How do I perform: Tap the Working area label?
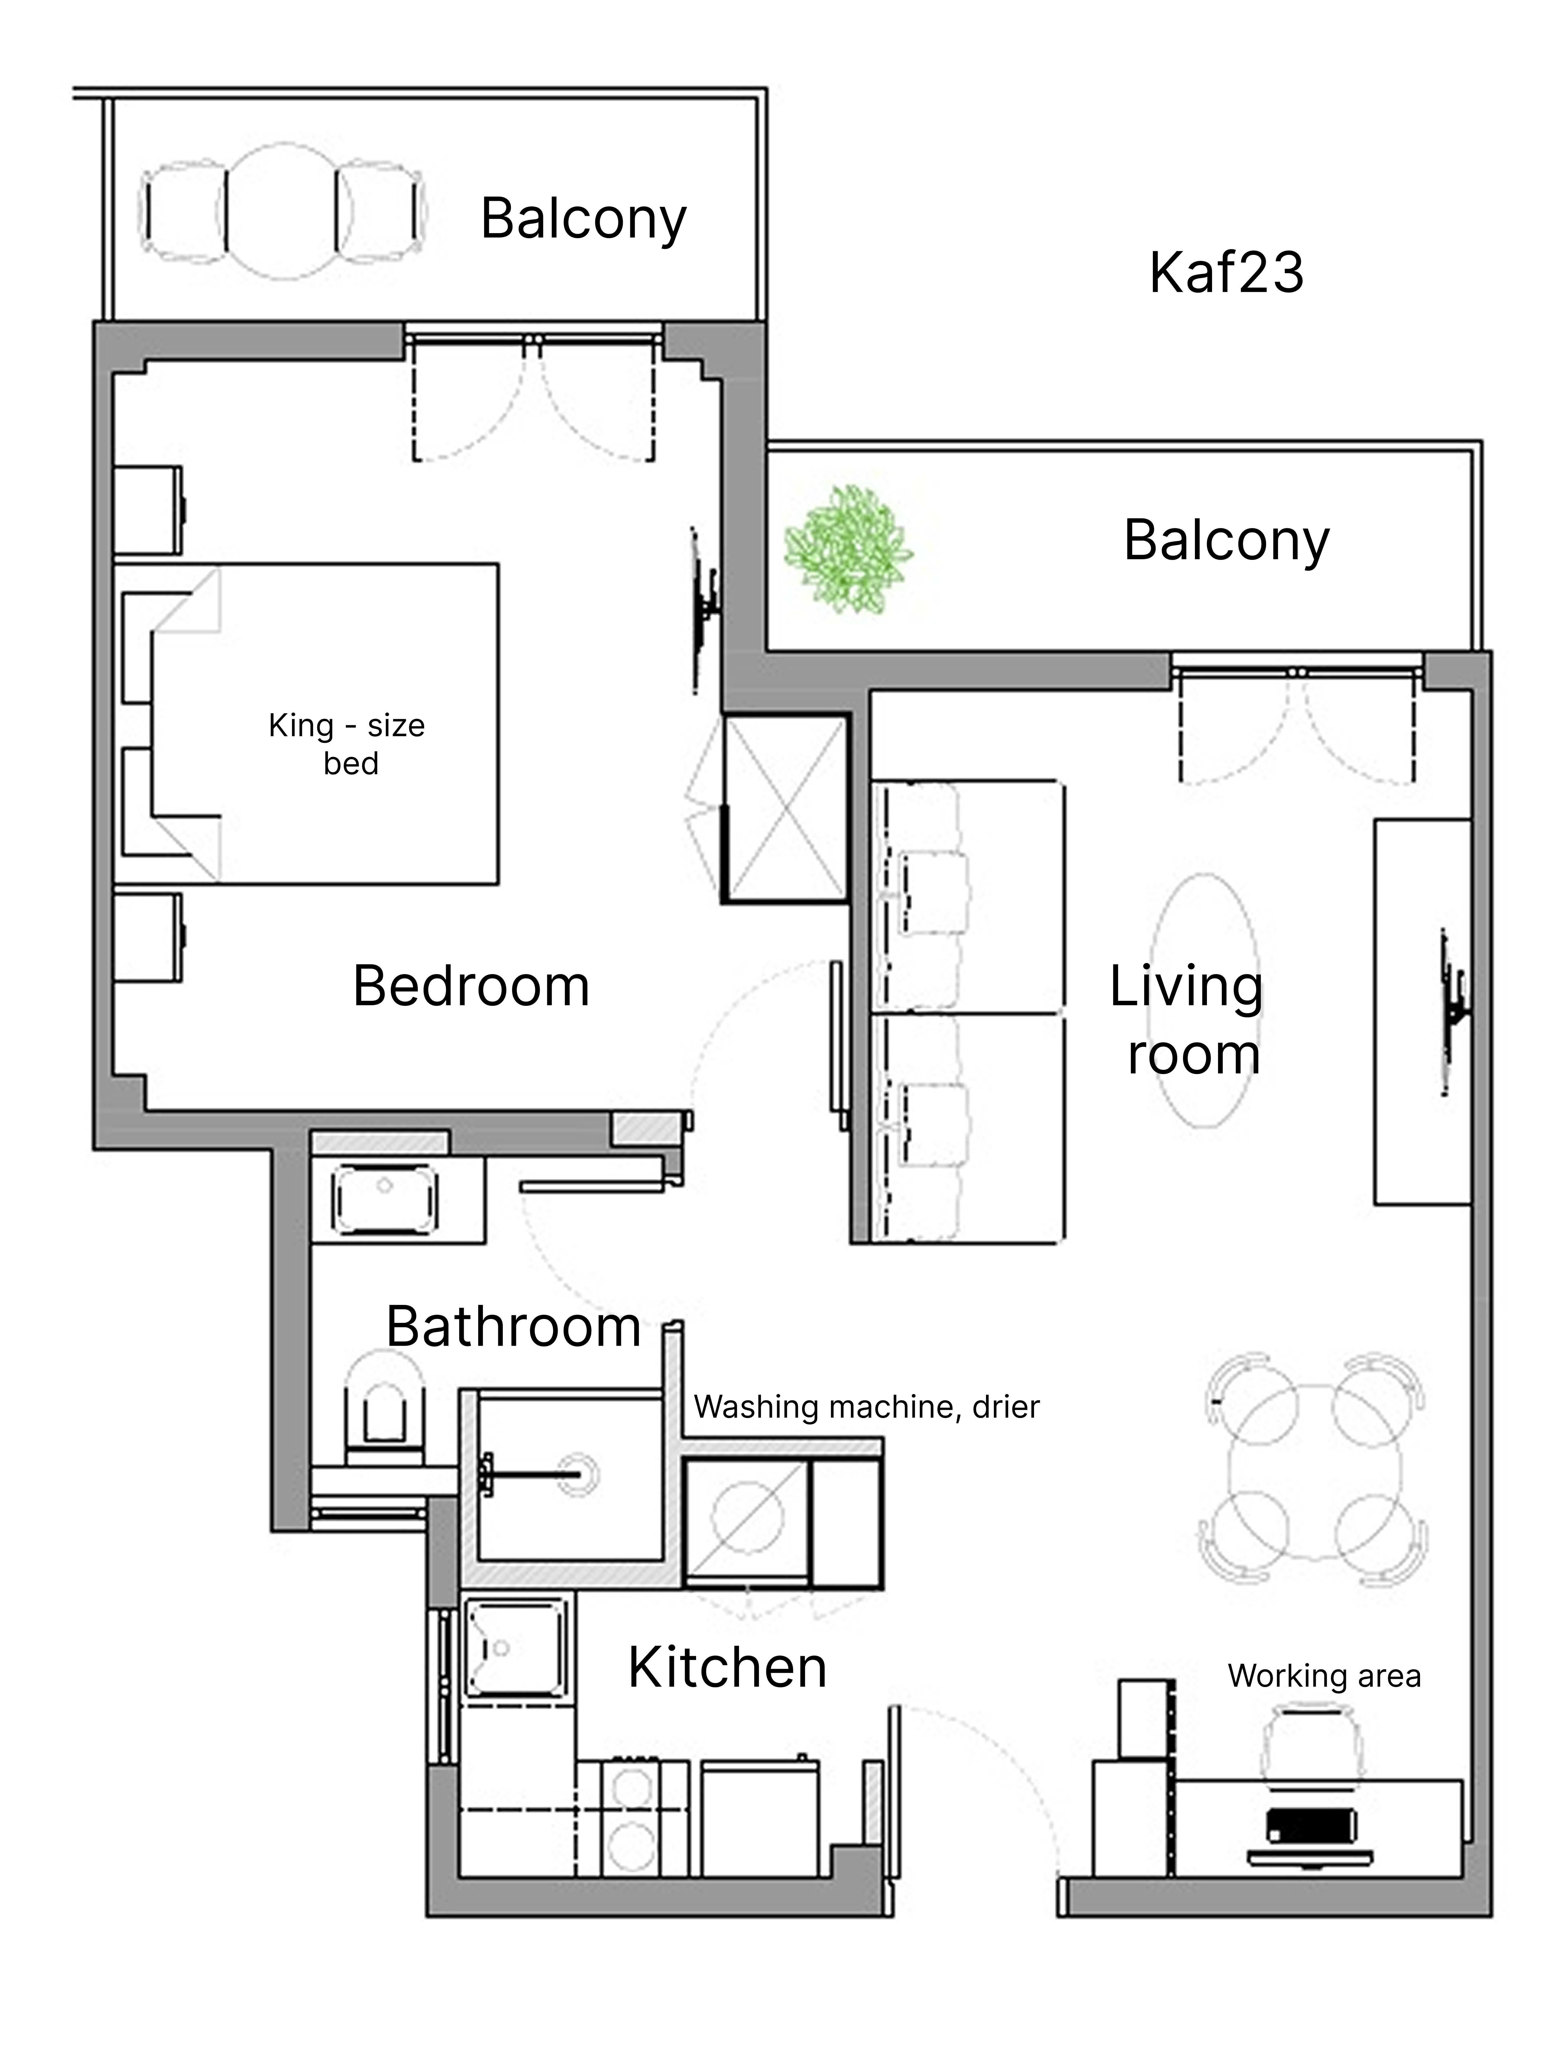[x=1324, y=1676]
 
